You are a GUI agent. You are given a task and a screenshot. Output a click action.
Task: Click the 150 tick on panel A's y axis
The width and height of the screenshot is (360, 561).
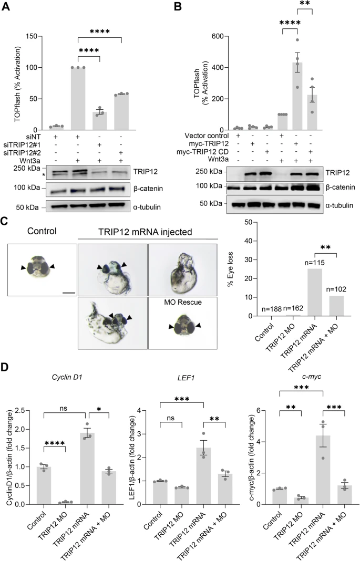(x=36, y=36)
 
